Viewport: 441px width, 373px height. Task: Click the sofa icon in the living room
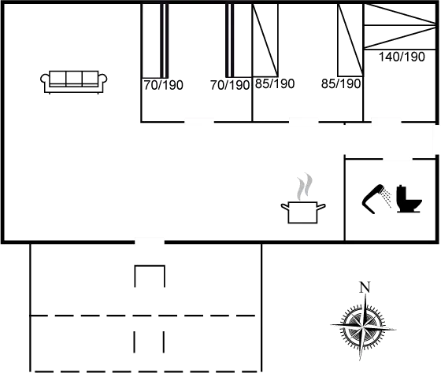coord(74,82)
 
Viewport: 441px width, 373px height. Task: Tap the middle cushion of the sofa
coord(74,78)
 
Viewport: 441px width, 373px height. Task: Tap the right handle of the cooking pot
coord(321,207)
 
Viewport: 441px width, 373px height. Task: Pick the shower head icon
coord(376,198)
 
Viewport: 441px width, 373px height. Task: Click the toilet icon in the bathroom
coord(409,199)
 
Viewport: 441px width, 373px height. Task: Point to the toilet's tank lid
coord(401,186)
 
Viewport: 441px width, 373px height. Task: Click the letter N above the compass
coord(365,287)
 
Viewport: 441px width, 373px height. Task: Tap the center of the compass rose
coord(363,327)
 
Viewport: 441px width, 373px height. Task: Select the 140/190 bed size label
coord(402,57)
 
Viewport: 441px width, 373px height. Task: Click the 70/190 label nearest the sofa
coord(164,85)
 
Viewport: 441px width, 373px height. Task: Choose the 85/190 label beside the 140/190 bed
coord(341,83)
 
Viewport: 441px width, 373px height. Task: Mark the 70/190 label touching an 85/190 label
coord(230,85)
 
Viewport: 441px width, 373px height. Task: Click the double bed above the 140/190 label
coord(400,27)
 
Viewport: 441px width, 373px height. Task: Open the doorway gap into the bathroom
coord(398,159)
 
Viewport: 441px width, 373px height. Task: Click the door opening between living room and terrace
coord(150,242)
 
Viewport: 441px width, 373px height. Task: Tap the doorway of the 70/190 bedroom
coord(199,122)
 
